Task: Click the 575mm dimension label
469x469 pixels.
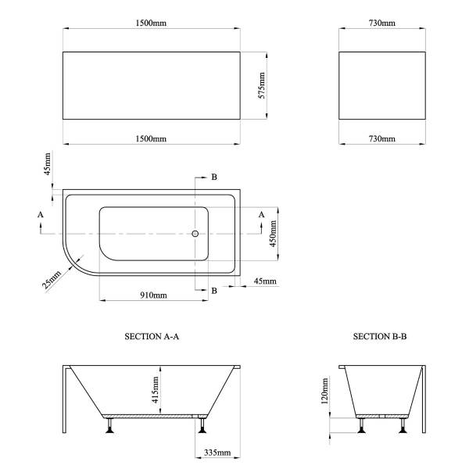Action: [x=262, y=85]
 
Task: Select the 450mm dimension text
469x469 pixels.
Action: [x=273, y=234]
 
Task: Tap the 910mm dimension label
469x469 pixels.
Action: [x=153, y=295]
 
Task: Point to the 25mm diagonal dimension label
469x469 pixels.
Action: [x=52, y=280]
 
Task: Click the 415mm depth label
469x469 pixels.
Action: [x=156, y=390]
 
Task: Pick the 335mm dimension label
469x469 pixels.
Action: [x=217, y=453]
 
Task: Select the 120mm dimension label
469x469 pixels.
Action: [x=325, y=391]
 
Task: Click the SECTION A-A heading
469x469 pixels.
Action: [x=152, y=336]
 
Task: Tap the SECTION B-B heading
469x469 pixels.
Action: [x=380, y=336]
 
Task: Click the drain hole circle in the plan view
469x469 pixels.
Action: [x=195, y=234]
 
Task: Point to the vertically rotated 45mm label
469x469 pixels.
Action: [x=48, y=164]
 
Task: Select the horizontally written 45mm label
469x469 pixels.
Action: [x=265, y=281]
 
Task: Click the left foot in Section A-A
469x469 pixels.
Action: [x=109, y=425]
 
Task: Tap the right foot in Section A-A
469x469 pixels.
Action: [x=202, y=425]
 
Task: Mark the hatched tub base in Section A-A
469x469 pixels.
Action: [x=154, y=416]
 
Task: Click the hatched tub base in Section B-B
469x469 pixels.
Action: [x=382, y=416]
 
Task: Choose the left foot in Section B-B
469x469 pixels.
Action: [x=362, y=425]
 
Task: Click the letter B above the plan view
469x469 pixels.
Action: [x=214, y=177]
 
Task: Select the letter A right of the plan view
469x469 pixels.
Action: [x=261, y=214]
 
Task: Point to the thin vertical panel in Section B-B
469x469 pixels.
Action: [x=424, y=399]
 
